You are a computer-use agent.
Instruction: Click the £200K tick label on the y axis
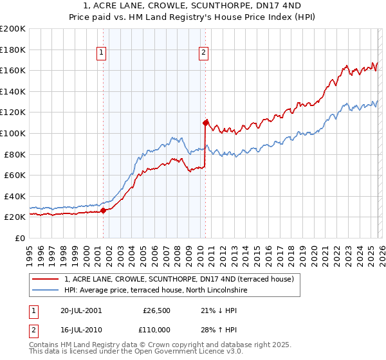pos(13,29)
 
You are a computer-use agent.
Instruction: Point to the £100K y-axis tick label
pos(13,133)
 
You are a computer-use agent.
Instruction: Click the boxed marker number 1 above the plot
pos(102,53)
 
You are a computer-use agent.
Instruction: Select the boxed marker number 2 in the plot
pos(203,53)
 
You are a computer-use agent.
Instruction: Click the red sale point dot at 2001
pos(103,210)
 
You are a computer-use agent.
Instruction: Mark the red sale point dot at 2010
pos(205,122)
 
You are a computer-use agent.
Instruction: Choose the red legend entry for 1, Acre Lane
pos(179,279)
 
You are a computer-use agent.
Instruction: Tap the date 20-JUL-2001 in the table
pos(80,310)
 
